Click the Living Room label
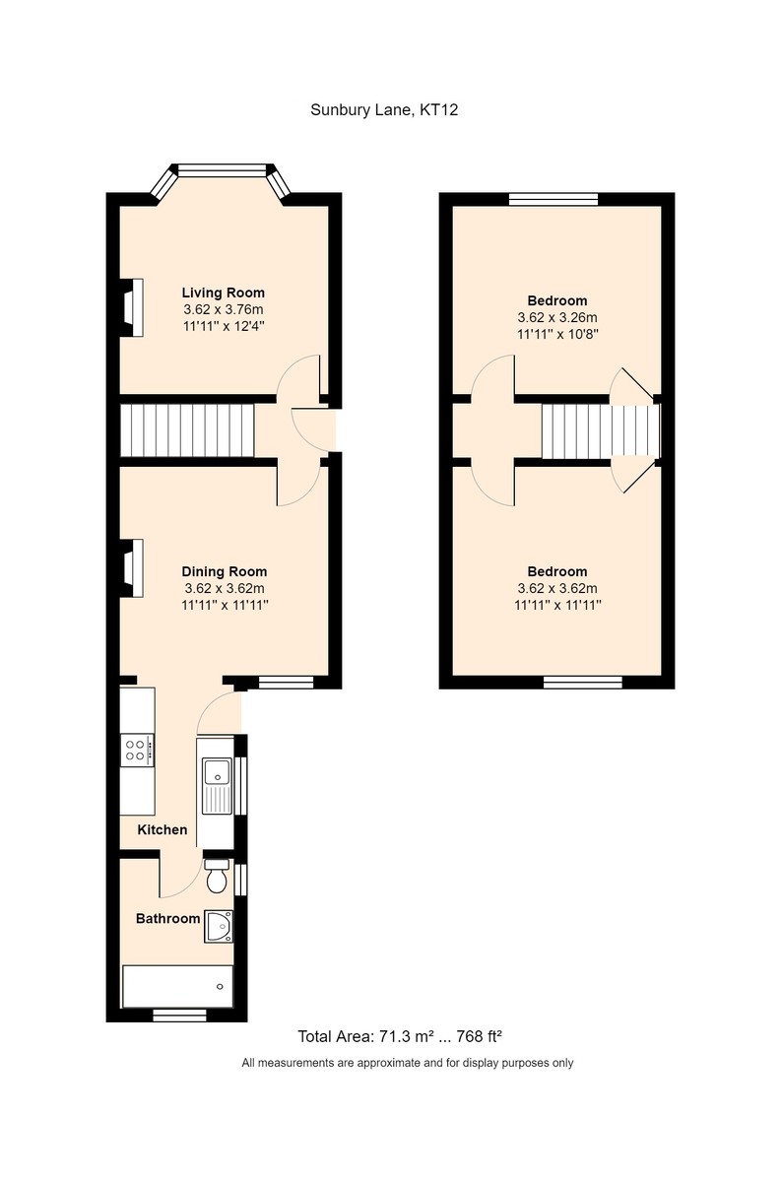pos(223,293)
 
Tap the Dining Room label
pos(224,571)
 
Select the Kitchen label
pos(162,830)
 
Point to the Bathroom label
pos(167,919)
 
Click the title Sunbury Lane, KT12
pos(384,111)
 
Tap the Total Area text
pos(401,1037)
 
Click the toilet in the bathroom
pos(217,875)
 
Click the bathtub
pos(176,986)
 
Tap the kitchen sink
pos(215,785)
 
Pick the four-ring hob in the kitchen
pos(137,751)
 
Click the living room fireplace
pos(132,308)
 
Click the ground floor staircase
pos(187,430)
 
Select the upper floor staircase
pos(599,430)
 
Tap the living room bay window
pos(223,171)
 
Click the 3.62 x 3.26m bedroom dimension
pos(557,318)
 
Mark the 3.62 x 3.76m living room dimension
pos(223,309)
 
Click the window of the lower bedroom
pos(583,681)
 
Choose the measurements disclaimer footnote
pos(408,1064)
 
